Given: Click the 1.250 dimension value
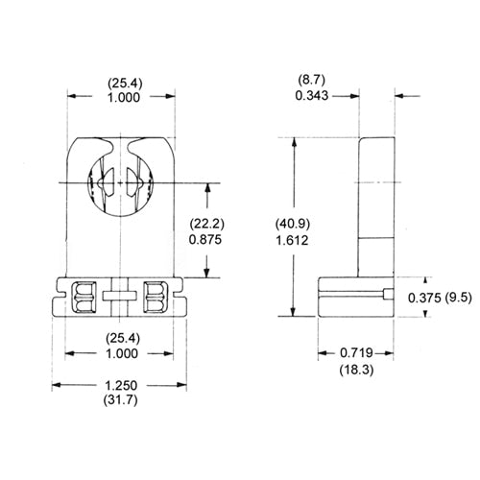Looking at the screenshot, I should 119,385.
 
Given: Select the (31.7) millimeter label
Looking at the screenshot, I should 119,401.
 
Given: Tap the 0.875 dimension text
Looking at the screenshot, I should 206,238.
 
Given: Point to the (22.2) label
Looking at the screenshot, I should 206,222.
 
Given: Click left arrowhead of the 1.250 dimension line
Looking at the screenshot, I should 55,385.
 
